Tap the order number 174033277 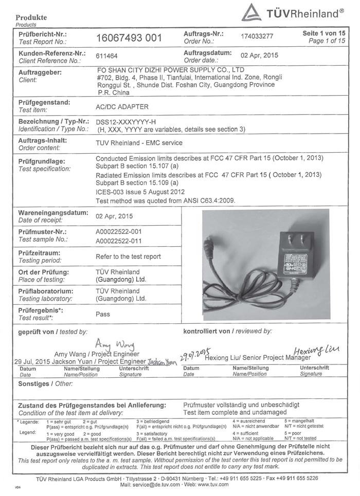[260, 37]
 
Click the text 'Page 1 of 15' [327, 41]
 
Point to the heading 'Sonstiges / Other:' [45, 383]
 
